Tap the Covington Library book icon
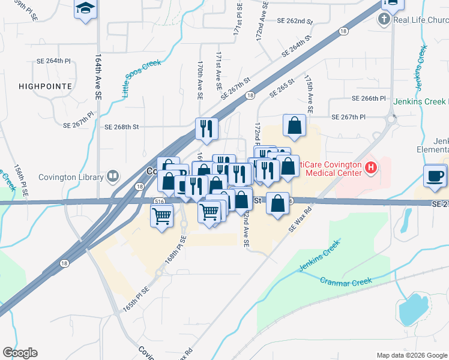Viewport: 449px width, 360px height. click(112, 176)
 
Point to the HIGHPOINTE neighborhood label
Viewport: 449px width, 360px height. click(45, 86)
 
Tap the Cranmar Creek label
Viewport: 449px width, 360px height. click(346, 281)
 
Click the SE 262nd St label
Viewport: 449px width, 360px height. click(295, 21)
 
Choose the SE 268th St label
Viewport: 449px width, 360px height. click(121, 127)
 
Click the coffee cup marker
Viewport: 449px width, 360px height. click(435, 175)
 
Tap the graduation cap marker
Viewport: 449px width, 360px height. click(85, 8)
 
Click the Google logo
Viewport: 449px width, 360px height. click(20, 353)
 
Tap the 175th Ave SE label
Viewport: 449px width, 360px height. click(310, 95)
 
